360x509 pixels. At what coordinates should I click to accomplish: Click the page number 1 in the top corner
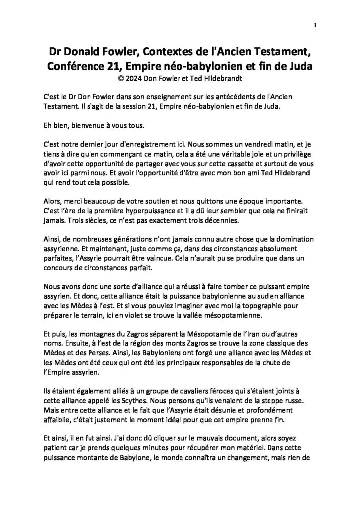pyautogui.click(x=316, y=25)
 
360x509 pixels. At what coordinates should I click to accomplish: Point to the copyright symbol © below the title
pyautogui.click(x=117, y=78)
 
